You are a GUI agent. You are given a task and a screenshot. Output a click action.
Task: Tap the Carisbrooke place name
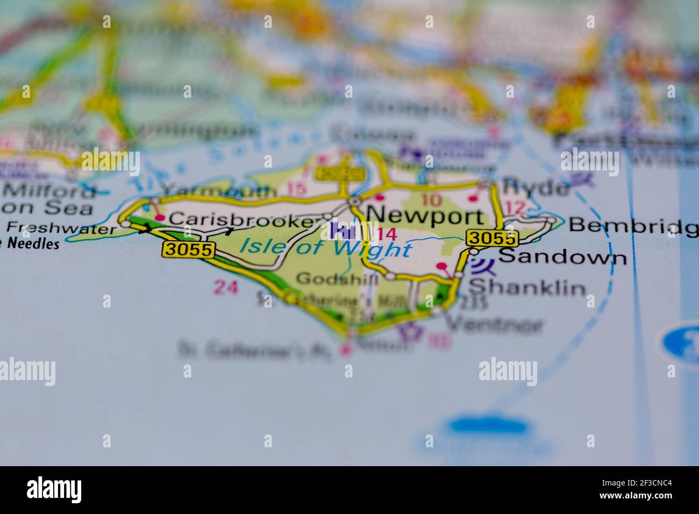[x=240, y=219]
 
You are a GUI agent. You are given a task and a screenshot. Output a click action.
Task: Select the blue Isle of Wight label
[x=326, y=248]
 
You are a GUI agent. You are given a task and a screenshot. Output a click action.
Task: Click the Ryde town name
[x=535, y=188]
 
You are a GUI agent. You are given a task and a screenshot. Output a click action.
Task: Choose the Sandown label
[x=562, y=258]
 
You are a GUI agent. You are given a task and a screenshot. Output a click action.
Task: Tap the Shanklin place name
[x=527, y=288]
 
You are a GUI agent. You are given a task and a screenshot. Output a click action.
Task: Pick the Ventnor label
[x=495, y=324]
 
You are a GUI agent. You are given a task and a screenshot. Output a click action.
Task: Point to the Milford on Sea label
[x=48, y=199]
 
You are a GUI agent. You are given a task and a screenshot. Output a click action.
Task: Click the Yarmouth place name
[x=219, y=189]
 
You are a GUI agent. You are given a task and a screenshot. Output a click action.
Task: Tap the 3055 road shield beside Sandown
[x=492, y=238]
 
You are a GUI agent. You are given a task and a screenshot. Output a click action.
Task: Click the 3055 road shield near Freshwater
[x=189, y=249]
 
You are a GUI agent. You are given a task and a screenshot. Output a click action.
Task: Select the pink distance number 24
[x=226, y=288]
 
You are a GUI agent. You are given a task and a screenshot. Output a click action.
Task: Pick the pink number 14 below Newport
[x=387, y=234]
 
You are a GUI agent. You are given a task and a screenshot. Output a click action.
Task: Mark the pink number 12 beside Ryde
[x=515, y=207]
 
